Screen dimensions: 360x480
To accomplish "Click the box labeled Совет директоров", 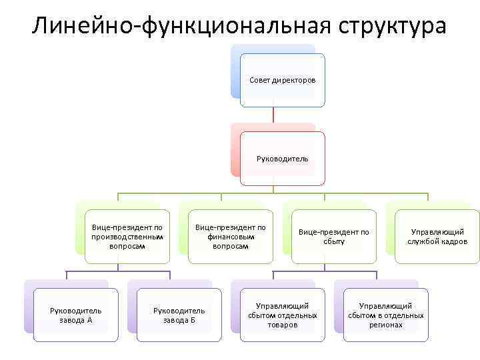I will coord(283,80).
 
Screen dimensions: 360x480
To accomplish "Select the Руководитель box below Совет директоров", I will coord(283,159).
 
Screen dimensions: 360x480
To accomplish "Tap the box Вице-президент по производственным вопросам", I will coord(127,237).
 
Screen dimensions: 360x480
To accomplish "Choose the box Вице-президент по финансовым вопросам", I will coord(231,237).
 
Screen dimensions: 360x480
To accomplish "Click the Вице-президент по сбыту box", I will coord(333,237).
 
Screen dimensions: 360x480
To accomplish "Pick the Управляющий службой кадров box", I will coord(437,237).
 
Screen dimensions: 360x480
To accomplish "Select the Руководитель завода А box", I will coord(76,315).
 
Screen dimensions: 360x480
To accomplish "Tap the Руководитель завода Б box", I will coord(179,315).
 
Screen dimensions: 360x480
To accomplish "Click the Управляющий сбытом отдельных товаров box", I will coord(282,315).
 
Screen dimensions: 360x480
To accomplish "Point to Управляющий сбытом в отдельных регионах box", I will coord(385,315).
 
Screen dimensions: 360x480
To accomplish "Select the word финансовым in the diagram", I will coord(231,237).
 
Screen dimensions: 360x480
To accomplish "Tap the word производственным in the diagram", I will coord(127,237).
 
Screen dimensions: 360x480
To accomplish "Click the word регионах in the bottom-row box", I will coord(385,325).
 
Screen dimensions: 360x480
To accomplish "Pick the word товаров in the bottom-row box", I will coord(282,325).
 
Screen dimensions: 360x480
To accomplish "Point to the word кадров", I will coord(453,241).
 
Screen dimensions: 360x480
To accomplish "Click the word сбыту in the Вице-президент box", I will coord(333,241).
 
